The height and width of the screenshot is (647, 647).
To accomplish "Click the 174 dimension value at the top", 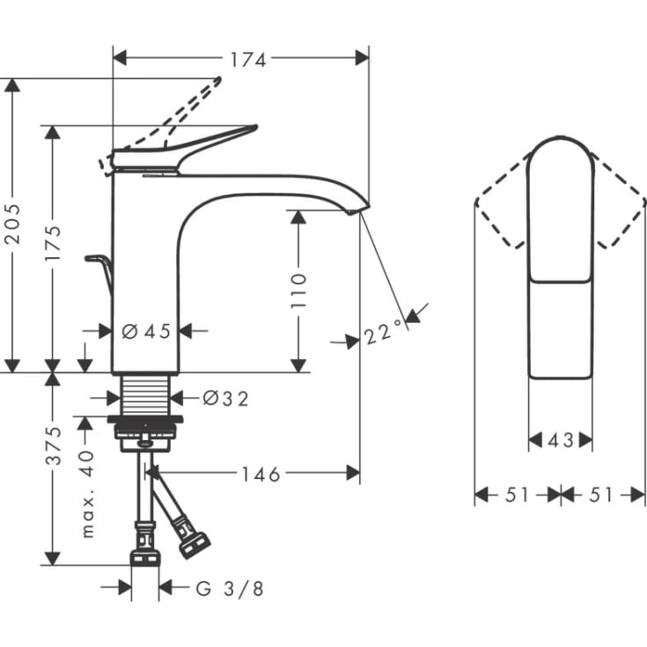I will pyautogui.click(x=248, y=59).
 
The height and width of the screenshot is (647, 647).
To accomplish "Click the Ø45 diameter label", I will pyautogui.click(x=146, y=332).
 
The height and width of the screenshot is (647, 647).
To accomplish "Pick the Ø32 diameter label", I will pyautogui.click(x=225, y=399).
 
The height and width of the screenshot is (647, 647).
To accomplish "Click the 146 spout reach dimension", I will pyautogui.click(x=261, y=474).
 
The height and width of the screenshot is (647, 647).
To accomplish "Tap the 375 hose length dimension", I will pyautogui.click(x=54, y=446).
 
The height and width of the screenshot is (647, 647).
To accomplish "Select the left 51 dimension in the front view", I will pyautogui.click(x=518, y=496).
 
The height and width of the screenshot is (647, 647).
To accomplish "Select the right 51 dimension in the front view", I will pyautogui.click(x=600, y=496).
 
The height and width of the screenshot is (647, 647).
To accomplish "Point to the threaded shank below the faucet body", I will pyautogui.click(x=145, y=393).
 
